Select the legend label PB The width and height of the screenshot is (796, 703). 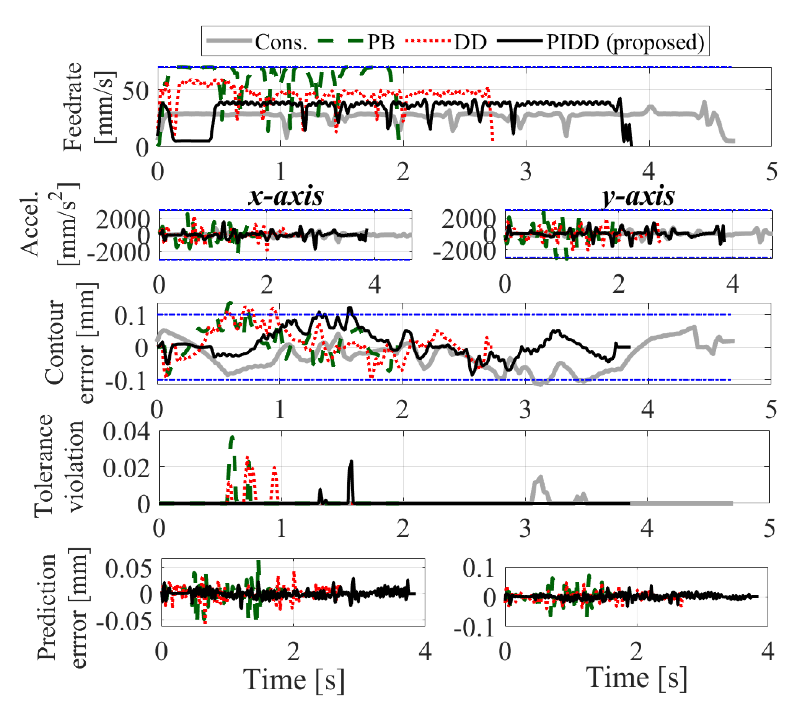coord(381,42)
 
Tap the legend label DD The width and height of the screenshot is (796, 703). coord(471,42)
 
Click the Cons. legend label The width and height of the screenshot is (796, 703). coord(281,42)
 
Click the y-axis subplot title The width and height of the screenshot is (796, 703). coord(639,196)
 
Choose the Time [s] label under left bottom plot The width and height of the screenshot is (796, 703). coord(294,680)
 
